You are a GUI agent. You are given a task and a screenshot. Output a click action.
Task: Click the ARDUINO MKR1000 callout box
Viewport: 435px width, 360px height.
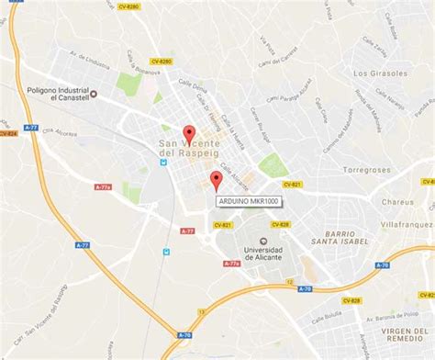[249, 201]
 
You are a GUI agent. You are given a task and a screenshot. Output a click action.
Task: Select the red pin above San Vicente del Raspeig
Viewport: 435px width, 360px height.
[189, 133]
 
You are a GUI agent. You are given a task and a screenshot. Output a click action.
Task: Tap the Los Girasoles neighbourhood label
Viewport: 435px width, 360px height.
[379, 72]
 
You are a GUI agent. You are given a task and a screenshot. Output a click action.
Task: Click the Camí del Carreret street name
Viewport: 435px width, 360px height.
[281, 61]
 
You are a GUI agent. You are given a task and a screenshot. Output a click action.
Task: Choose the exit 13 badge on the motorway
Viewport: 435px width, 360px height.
[302, 288]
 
